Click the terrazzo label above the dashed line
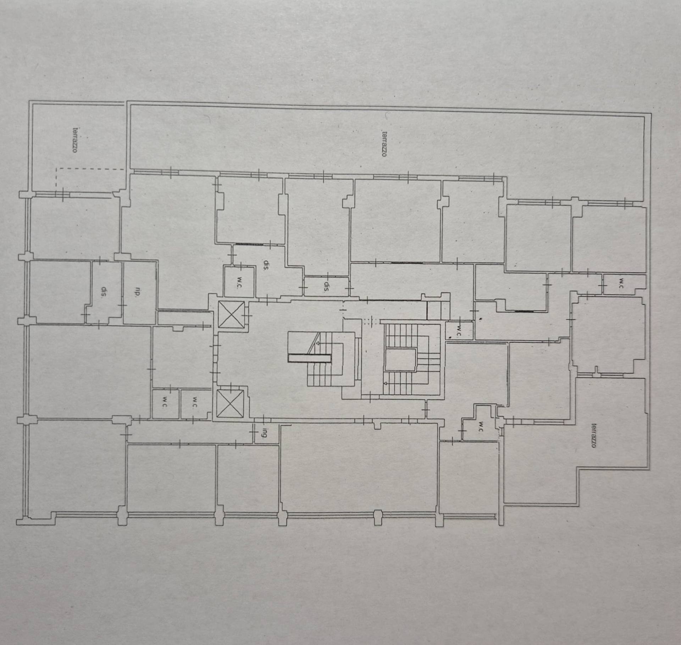point(75,140)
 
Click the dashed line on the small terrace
point(90,170)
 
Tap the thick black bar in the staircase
point(309,358)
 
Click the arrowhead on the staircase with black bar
point(318,343)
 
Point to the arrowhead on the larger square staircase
point(386,384)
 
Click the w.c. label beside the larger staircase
point(459,331)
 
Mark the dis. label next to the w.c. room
point(265,265)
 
